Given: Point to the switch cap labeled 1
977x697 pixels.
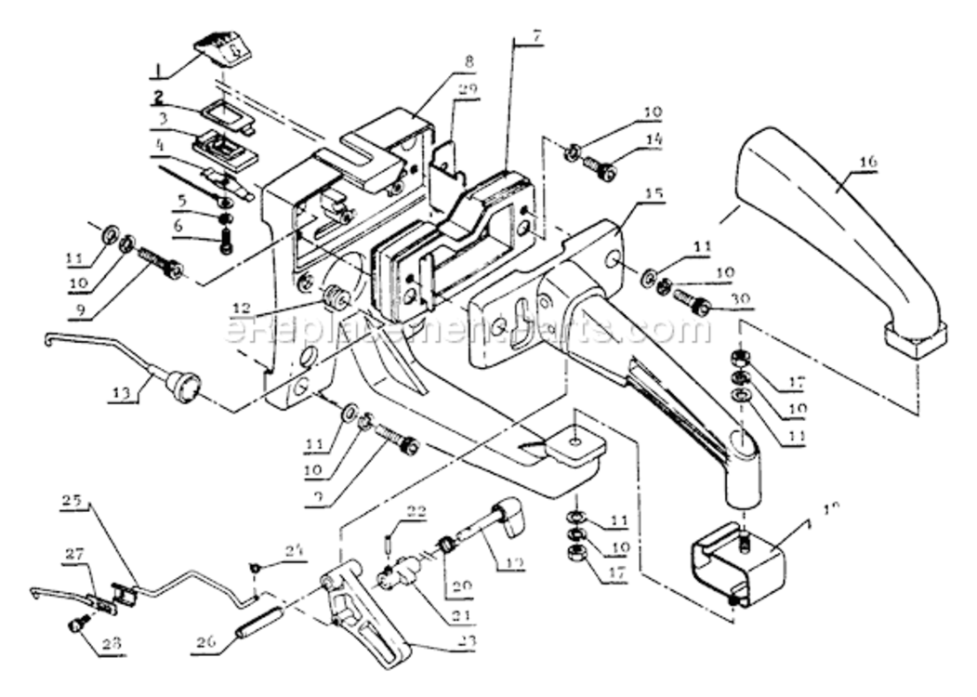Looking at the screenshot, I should [222, 48].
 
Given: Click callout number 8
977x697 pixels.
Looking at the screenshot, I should [469, 61].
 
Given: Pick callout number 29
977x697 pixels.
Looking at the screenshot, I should [467, 89].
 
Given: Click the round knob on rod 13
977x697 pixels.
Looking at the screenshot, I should [186, 386].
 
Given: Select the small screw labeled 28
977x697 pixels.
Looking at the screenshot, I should [77, 625].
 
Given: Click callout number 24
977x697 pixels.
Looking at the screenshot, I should [295, 549].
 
